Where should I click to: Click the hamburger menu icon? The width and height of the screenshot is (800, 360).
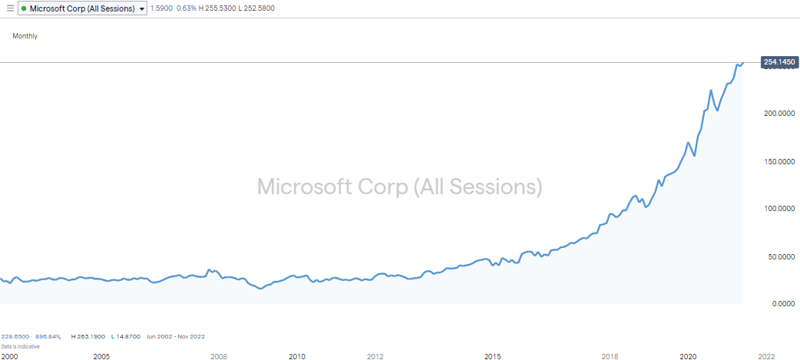9,8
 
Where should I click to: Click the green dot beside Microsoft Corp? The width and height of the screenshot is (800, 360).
24,8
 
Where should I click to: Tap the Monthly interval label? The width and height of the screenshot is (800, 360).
25,36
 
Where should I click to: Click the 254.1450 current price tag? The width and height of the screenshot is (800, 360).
779,61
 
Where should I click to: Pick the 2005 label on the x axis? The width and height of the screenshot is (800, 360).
101,356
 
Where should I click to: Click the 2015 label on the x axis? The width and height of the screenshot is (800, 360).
492,356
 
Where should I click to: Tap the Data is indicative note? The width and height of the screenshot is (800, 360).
20,346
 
